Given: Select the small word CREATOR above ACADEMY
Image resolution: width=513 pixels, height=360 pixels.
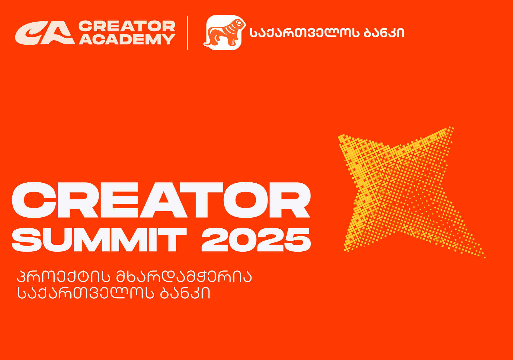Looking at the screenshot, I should [127, 26].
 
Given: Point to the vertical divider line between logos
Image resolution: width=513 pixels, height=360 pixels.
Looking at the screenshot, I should [188, 33].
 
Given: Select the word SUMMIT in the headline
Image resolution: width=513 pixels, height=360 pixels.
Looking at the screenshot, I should [99, 240].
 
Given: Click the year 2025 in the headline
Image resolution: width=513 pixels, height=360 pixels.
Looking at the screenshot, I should [256, 240].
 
